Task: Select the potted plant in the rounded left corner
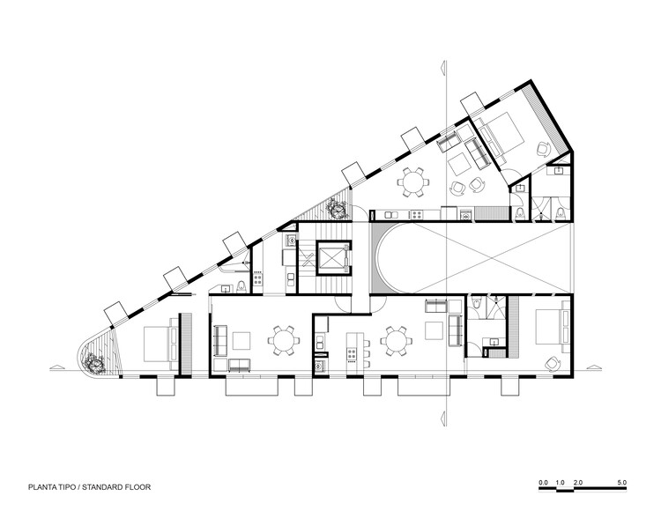click(93, 360)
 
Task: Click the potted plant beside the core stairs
click(337, 209)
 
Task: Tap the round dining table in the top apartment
click(412, 182)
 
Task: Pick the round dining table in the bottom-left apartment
click(282, 338)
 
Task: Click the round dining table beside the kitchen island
click(395, 338)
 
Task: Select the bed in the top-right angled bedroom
click(497, 135)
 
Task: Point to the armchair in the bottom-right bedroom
click(552, 361)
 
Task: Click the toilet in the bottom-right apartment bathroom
click(477, 306)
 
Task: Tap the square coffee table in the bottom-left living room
click(242, 338)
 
